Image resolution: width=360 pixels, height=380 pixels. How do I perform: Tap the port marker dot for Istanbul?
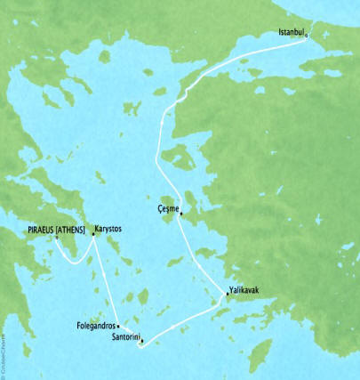coord(306,36)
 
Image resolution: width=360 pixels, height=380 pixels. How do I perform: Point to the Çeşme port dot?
coord(180,213)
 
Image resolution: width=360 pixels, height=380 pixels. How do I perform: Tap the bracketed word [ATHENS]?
coord(69,230)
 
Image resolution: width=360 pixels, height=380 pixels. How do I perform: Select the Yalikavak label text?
coord(244,290)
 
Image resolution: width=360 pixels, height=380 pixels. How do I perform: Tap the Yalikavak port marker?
coord(228,297)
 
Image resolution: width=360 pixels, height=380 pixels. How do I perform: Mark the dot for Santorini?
coord(140,340)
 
